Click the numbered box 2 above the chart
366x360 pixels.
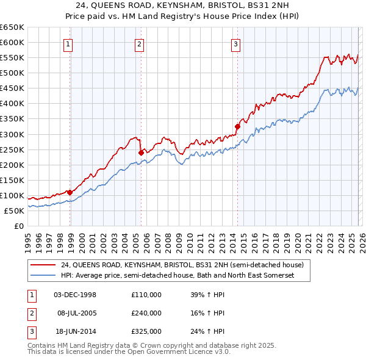click(x=139, y=43)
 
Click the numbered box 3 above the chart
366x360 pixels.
click(x=235, y=43)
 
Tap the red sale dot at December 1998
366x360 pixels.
click(x=70, y=192)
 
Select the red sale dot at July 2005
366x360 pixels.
click(x=141, y=153)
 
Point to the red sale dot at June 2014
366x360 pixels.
click(x=237, y=126)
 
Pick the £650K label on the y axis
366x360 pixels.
click(x=12, y=27)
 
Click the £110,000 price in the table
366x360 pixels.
click(x=146, y=295)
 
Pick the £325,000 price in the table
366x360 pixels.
click(x=146, y=331)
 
